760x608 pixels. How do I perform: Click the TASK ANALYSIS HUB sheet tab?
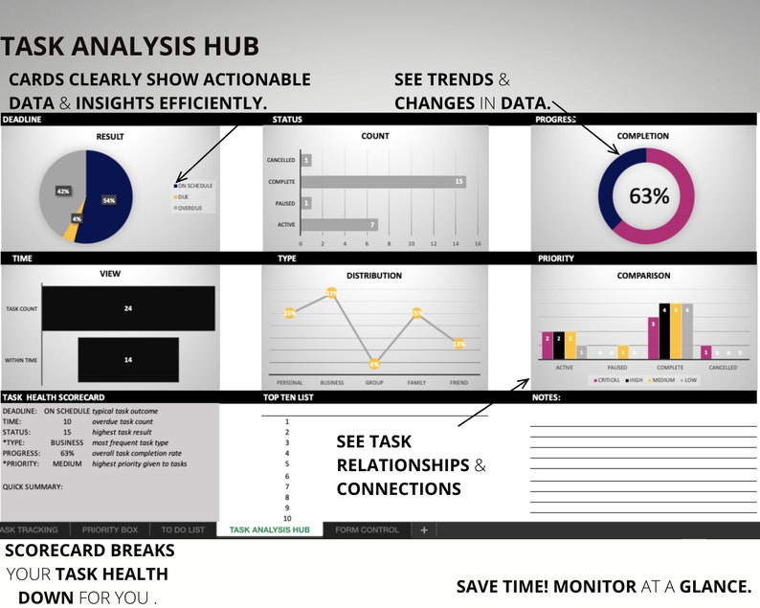pos(269,529)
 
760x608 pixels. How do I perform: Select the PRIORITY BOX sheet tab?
pos(110,529)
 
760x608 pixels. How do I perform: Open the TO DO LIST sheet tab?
pos(182,529)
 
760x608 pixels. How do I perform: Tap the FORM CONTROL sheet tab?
pos(367,529)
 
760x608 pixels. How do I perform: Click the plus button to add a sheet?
pos(424,529)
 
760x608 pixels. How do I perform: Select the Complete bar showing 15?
pos(383,181)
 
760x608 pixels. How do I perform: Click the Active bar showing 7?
pos(339,225)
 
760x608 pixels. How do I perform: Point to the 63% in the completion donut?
pos(648,196)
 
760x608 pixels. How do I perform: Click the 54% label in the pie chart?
pos(109,200)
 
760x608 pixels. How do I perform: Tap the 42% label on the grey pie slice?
pos(63,191)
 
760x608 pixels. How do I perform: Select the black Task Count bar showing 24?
pos(127,309)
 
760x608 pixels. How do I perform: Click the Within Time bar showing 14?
pos(127,359)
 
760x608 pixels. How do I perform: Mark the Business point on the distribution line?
pos(331,293)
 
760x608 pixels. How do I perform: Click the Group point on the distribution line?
pos(374,364)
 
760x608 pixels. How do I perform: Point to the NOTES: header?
pos(547,396)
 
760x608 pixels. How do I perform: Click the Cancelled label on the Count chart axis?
pos(280,160)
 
